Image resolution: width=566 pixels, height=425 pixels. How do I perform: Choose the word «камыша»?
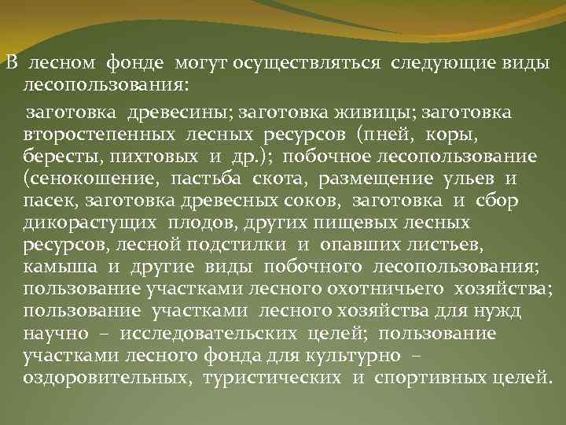pos(59,267)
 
